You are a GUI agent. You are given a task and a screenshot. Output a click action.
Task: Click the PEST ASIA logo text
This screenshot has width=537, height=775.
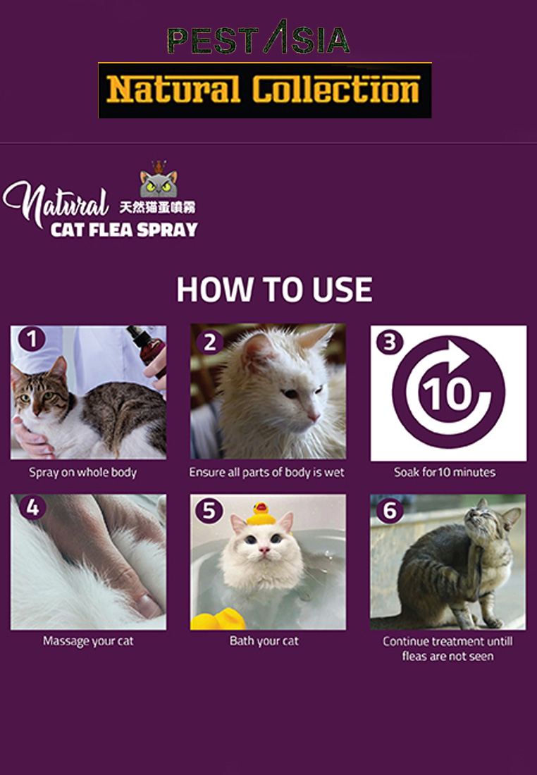click(x=259, y=37)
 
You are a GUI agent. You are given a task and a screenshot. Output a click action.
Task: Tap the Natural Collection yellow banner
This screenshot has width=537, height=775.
click(x=264, y=90)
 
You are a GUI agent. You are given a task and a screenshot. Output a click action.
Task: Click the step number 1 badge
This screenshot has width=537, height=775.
click(x=32, y=339)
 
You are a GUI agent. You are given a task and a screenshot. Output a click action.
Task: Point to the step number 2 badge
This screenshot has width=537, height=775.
click(x=210, y=342)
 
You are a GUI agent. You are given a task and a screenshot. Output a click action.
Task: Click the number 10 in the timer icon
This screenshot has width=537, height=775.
click(x=444, y=395)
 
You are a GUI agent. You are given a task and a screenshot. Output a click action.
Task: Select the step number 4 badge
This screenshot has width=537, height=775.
click(x=32, y=507)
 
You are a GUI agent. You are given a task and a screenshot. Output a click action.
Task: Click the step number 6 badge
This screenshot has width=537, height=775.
click(x=390, y=510)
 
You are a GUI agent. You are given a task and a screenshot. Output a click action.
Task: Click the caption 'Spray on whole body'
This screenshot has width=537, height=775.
click(x=82, y=473)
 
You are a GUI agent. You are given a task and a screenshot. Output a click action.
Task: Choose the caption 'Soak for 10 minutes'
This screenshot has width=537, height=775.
click(x=445, y=472)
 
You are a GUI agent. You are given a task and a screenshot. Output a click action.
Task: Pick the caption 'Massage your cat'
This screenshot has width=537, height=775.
click(x=88, y=641)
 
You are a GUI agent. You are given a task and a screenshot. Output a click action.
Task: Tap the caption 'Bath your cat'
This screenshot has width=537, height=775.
click(x=264, y=641)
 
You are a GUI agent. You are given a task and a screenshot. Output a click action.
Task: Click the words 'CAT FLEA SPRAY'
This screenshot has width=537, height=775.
click(x=124, y=230)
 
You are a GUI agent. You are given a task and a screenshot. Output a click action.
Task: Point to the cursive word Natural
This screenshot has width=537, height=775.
click(x=56, y=203)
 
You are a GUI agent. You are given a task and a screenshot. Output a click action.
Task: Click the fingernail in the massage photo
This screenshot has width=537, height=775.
click(x=148, y=605)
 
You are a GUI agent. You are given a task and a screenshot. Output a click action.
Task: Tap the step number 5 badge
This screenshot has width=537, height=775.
click(x=209, y=511)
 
